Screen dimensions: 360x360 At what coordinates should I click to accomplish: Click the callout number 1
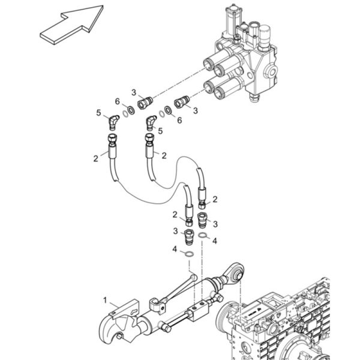pos(105,300)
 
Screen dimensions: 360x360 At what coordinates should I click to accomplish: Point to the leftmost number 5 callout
pos(98,113)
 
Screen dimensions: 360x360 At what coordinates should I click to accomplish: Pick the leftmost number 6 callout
pos(118,101)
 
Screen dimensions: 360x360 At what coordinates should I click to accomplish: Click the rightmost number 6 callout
pos(179,120)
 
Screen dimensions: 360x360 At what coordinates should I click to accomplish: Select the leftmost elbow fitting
pos(113,122)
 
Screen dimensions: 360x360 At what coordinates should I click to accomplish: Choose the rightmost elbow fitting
pos(151,123)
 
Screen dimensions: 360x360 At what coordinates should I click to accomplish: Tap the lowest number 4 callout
pos(175,249)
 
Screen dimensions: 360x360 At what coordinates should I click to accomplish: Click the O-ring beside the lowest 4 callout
pos(189,254)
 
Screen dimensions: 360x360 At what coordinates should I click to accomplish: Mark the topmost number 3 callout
pos(134,92)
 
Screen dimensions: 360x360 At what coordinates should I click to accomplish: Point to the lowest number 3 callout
pos(175,231)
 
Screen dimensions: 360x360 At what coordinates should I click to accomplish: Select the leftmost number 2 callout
pos(96,158)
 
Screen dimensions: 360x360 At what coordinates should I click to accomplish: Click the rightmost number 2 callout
pos(215,199)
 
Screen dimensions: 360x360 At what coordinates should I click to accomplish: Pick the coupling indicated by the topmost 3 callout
pos(145,103)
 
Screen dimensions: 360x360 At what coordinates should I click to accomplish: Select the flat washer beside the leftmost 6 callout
pos(131,110)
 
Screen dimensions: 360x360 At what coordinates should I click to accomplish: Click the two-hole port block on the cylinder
pos(198,310)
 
